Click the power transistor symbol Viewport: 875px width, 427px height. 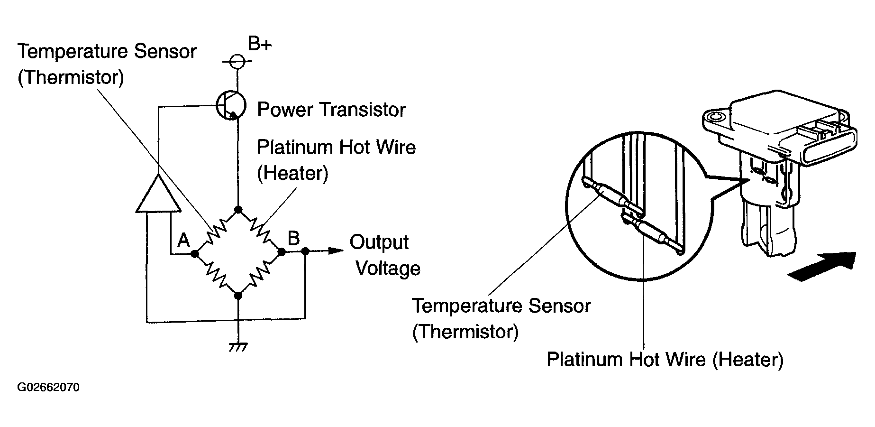click(x=231, y=105)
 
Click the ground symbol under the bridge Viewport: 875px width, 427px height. click(x=238, y=348)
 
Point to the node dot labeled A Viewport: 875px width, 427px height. click(x=194, y=254)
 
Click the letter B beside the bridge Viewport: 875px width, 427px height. click(x=293, y=238)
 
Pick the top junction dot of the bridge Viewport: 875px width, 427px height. click(x=238, y=209)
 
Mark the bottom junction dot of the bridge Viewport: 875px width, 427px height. click(x=238, y=296)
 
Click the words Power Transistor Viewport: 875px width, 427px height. click(x=331, y=110)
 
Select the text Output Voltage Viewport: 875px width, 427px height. click(x=384, y=255)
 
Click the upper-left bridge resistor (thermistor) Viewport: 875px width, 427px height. click(x=216, y=231)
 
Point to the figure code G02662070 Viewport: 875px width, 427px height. click(x=48, y=388)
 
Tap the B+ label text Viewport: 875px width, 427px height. click(x=260, y=45)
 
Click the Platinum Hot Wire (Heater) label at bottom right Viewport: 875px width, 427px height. click(x=665, y=359)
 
